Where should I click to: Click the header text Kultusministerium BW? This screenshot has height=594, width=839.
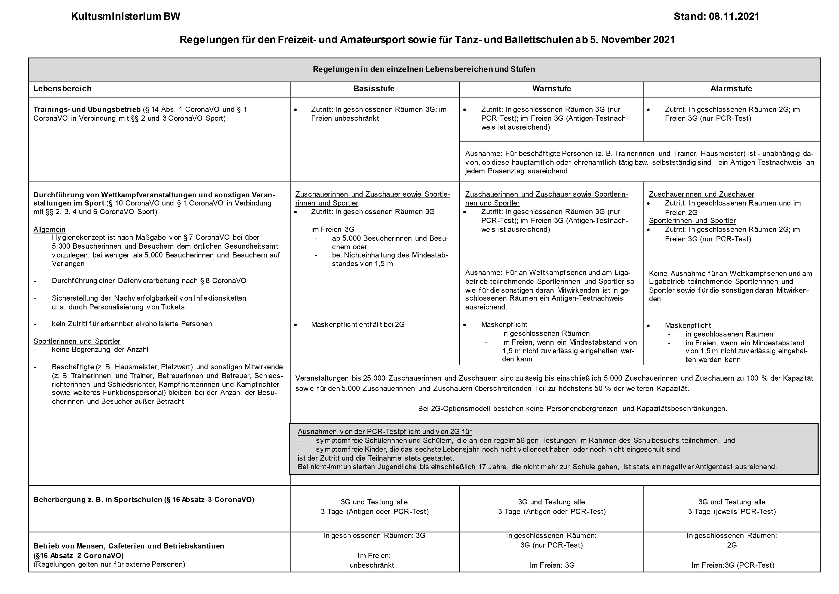pyautogui.click(x=125, y=17)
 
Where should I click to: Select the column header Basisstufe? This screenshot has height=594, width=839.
pyautogui.click(x=374, y=89)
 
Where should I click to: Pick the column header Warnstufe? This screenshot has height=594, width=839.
pyautogui.click(x=551, y=89)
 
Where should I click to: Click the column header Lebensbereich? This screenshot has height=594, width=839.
pyautogui.click(x=62, y=89)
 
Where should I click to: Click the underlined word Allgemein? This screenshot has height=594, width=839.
pyautogui.click(x=49, y=229)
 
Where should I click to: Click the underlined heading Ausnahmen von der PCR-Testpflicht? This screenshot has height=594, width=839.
pyautogui.click(x=384, y=432)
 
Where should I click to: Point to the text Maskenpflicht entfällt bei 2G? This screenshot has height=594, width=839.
pyautogui.click(x=357, y=325)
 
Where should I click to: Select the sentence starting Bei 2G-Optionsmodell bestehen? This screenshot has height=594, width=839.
pyautogui.click(x=572, y=409)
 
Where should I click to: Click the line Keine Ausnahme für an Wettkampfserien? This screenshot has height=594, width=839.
pyautogui.click(x=730, y=274)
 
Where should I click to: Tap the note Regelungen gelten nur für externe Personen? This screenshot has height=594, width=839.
pyautogui.click(x=109, y=564)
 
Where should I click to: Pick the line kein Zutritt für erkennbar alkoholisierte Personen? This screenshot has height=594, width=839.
pyautogui.click(x=132, y=324)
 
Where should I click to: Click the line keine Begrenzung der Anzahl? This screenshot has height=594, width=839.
pyautogui.click(x=100, y=349)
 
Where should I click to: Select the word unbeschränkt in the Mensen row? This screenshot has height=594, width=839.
pyautogui.click(x=372, y=565)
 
